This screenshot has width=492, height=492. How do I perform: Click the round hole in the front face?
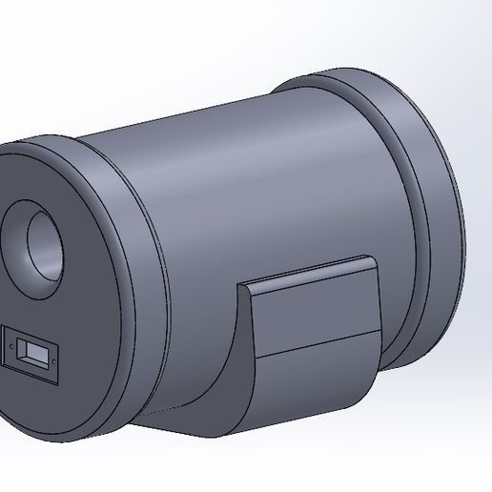[38, 243]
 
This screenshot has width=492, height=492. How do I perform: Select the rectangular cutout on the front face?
[32, 353]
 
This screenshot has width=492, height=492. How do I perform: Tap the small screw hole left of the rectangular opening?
[12, 340]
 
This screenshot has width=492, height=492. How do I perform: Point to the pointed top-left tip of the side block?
[239, 286]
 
